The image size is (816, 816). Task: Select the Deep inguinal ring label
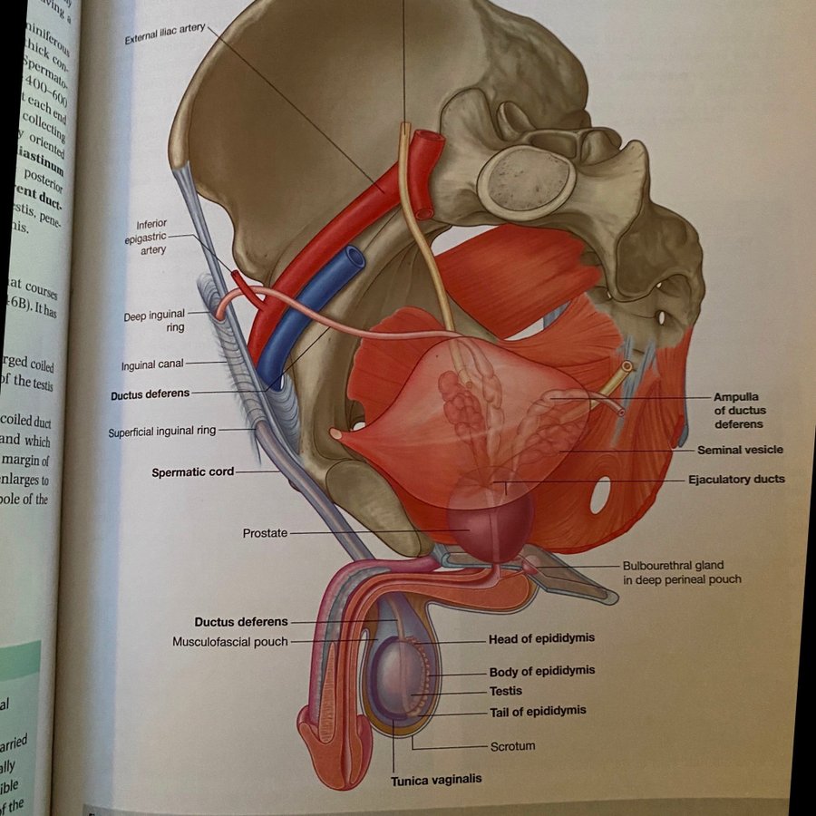(154, 322)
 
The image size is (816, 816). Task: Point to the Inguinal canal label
(152, 365)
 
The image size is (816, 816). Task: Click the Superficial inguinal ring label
(162, 432)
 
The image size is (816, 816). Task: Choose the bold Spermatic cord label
(193, 472)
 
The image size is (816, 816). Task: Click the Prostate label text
(265, 533)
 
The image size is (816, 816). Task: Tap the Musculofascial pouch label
(230, 642)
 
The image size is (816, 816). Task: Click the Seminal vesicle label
(740, 450)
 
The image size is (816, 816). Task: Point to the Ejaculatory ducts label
(737, 479)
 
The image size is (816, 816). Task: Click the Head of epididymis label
(541, 638)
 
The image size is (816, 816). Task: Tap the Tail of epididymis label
(538, 711)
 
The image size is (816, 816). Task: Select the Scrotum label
(512, 746)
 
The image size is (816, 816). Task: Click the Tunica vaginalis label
(436, 780)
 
